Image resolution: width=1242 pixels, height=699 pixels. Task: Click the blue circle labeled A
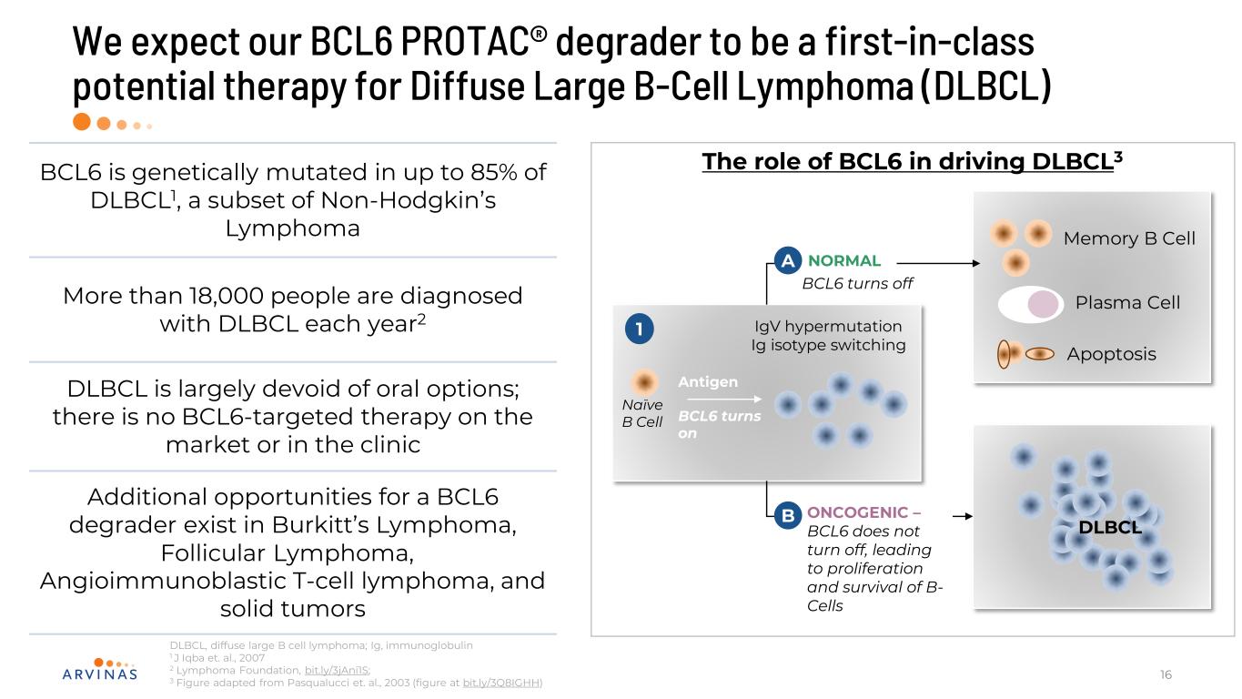pyautogui.click(x=787, y=260)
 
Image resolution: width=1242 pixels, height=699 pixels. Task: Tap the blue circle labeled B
pyautogui.click(x=787, y=515)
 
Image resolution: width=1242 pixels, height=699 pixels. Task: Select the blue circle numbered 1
pyautogui.click(x=640, y=329)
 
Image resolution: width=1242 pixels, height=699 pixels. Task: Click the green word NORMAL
pyautogui.click(x=843, y=260)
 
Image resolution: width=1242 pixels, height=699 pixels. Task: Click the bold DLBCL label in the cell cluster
pyautogui.click(x=1110, y=527)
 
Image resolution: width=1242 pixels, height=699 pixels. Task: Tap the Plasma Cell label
pyautogui.click(x=1127, y=302)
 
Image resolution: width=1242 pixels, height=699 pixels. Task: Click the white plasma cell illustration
pyautogui.click(x=1031, y=304)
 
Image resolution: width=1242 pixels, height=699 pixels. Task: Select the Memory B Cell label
pyautogui.click(x=1129, y=238)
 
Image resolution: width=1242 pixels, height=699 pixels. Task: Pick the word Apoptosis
pyautogui.click(x=1112, y=354)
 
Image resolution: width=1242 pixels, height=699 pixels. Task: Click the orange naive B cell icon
pyautogui.click(x=644, y=382)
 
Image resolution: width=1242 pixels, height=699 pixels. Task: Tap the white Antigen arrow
pyautogui.click(x=724, y=399)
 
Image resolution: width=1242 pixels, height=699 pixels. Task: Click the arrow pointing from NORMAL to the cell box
pyautogui.click(x=938, y=263)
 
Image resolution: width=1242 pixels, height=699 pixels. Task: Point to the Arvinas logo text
pyautogui.click(x=100, y=674)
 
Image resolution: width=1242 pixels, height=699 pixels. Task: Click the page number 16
pyautogui.click(x=1166, y=674)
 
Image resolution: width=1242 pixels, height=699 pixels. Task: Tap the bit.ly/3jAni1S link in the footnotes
pyautogui.click(x=337, y=670)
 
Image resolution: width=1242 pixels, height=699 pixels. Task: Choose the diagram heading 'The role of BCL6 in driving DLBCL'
pyautogui.click(x=908, y=161)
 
